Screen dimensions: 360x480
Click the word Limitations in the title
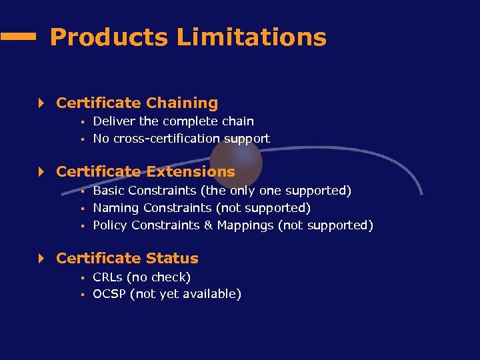coord(251,37)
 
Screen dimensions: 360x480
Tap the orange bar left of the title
coord(18,38)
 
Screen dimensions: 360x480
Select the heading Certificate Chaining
coord(137,103)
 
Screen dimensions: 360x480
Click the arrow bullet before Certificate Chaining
coord(41,103)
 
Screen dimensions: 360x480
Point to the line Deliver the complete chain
coord(173,121)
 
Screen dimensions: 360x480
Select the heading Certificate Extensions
coord(145,171)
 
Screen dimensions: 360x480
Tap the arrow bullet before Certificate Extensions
coord(41,171)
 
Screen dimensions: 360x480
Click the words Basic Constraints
coord(137,191)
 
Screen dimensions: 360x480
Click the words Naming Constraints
coord(141,208)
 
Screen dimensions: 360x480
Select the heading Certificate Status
coord(127,258)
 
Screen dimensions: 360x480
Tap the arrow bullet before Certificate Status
coord(41,258)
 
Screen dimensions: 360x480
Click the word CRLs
coord(107,277)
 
